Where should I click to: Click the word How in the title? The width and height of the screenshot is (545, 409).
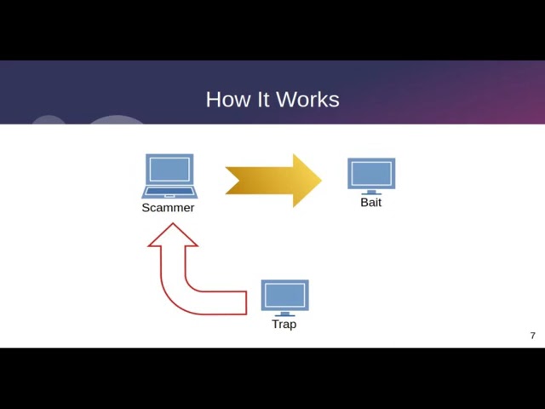click(228, 100)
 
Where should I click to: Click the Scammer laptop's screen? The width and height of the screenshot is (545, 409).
click(169, 169)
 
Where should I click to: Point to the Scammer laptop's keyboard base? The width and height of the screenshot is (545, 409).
click(169, 192)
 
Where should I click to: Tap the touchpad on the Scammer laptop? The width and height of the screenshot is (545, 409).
click(169, 196)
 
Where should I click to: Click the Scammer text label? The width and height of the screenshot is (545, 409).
click(168, 208)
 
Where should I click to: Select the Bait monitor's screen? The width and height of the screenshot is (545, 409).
click(371, 173)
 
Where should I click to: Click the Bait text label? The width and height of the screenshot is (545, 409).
click(371, 203)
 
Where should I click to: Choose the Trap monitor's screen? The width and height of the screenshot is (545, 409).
click(284, 295)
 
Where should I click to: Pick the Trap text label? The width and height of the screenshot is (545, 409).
click(284, 325)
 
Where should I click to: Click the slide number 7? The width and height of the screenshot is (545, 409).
click(533, 336)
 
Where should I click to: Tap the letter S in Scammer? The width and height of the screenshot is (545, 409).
click(146, 208)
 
